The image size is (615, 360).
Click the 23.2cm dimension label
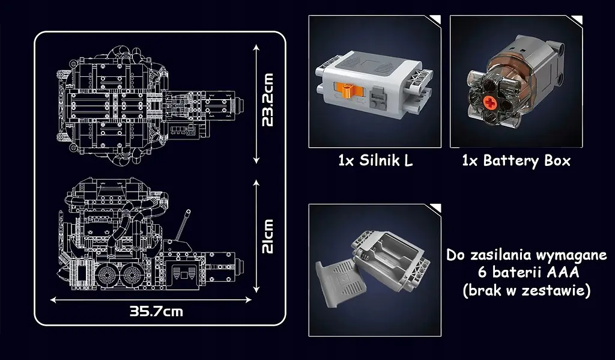coord(268,100)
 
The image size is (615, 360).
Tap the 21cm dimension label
coord(268,236)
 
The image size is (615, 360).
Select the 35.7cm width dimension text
coord(156,311)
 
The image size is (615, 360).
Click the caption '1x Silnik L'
coord(375,161)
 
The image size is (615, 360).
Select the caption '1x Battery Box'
coord(516,161)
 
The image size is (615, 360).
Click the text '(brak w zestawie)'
coord(527,290)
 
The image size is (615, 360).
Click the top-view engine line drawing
coord(150,99)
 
